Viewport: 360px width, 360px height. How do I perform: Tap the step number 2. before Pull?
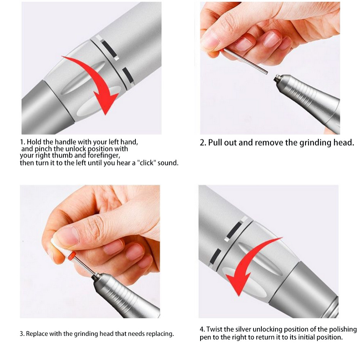pos(203,142)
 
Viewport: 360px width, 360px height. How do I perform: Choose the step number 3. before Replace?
pos(22,334)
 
